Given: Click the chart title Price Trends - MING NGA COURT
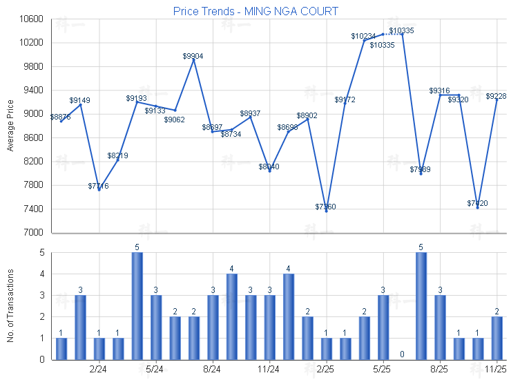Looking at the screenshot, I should (256, 11).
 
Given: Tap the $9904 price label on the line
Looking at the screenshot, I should (193, 56).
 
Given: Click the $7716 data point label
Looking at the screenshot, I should (98, 186).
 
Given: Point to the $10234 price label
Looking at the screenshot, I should (363, 36).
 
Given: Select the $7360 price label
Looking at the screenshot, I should (326, 207).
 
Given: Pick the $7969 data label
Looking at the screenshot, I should (421, 169).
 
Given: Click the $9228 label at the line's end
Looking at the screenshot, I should (496, 97).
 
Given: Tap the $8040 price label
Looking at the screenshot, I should (269, 167).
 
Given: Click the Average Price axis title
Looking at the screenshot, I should (10, 126).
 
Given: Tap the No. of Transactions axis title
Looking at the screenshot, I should (10, 305).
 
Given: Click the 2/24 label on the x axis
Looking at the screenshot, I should (99, 370).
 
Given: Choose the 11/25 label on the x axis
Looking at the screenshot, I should (496, 370).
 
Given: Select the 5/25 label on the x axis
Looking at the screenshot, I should (383, 370).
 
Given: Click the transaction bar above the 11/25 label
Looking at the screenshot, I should (496, 338).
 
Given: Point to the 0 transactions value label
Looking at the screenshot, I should (402, 354).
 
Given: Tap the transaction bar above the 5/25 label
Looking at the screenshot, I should (383, 327).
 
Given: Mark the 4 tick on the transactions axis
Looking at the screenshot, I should (42, 274).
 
